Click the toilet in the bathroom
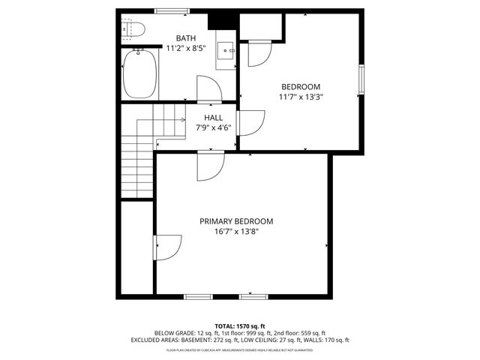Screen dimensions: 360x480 coord(133,29)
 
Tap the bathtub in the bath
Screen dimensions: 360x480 coord(139,73)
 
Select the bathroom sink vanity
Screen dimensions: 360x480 coord(226,52)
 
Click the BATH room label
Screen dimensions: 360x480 coord(186,38)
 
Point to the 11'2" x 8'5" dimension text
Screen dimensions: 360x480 coord(186,49)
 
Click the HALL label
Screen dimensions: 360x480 coord(213,118)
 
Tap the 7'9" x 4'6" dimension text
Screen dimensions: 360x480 coord(213,127)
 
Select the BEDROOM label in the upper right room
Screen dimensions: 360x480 coord(301,85)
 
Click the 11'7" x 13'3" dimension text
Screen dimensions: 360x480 coord(301,96)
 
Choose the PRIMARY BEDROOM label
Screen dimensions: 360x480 coord(236,221)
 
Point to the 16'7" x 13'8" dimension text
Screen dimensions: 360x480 coord(236,232)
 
